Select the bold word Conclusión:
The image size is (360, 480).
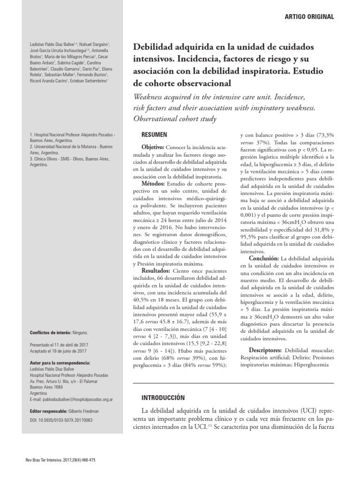pos(264,258)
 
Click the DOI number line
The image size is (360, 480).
pos(60,420)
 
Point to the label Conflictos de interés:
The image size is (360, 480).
pos(49,333)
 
